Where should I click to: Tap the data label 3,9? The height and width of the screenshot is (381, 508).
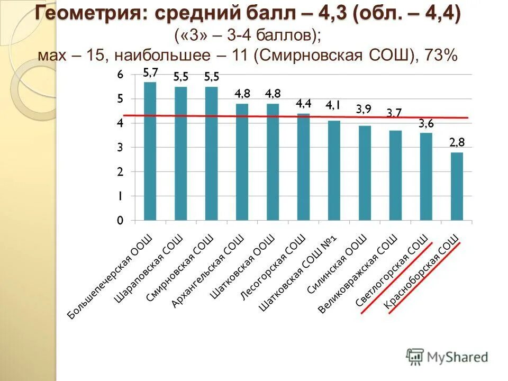click(364, 110)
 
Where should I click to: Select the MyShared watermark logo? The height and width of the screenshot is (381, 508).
click(447, 357)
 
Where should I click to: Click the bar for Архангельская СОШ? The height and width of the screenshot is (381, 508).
click(242, 161)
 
